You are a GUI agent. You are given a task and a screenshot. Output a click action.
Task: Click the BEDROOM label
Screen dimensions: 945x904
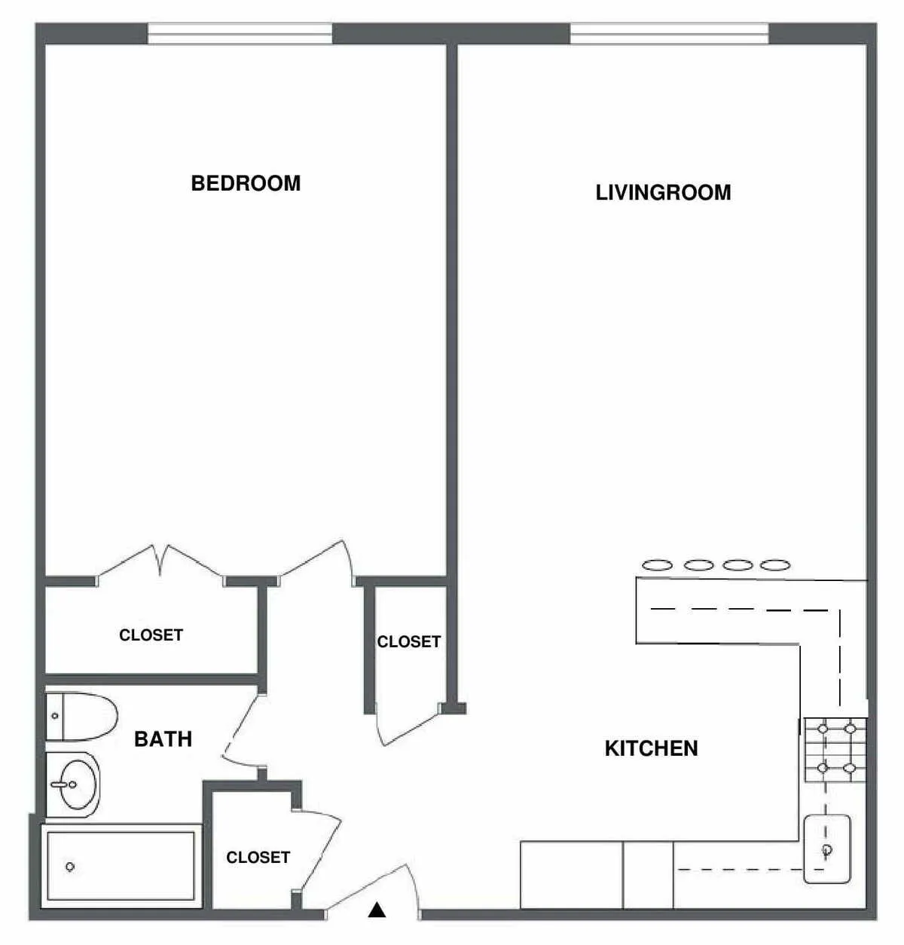[x=246, y=183]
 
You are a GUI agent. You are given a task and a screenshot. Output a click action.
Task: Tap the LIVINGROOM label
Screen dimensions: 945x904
[x=663, y=192]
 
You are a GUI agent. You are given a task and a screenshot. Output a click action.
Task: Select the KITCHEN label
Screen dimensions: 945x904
[x=651, y=748]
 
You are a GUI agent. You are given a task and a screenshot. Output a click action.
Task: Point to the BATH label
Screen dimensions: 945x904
[x=163, y=739]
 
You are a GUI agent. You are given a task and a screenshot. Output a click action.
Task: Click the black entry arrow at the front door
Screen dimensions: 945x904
[x=377, y=911]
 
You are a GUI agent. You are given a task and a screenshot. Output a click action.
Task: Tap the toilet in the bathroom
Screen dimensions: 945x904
[x=82, y=716]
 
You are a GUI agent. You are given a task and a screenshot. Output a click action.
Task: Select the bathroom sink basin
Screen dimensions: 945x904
[x=75, y=784]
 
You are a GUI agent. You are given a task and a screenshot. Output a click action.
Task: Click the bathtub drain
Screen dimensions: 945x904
[x=70, y=867]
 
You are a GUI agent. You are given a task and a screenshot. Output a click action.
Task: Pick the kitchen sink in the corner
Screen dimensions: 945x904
[x=827, y=849]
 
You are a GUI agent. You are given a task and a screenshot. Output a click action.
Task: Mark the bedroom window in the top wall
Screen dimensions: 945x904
[x=240, y=33]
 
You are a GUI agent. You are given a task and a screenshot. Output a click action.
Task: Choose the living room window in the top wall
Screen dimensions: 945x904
[x=669, y=33]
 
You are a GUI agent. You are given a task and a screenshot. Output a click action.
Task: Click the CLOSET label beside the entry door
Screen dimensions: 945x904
[x=258, y=857]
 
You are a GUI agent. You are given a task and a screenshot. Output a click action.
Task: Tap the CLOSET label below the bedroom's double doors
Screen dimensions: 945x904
[x=151, y=635]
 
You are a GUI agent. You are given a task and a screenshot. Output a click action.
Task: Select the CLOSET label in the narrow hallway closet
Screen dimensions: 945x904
[x=408, y=641]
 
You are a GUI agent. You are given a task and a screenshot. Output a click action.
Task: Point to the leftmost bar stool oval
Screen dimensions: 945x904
[x=656, y=564]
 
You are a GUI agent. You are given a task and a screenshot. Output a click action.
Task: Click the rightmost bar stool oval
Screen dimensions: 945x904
[x=775, y=564]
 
